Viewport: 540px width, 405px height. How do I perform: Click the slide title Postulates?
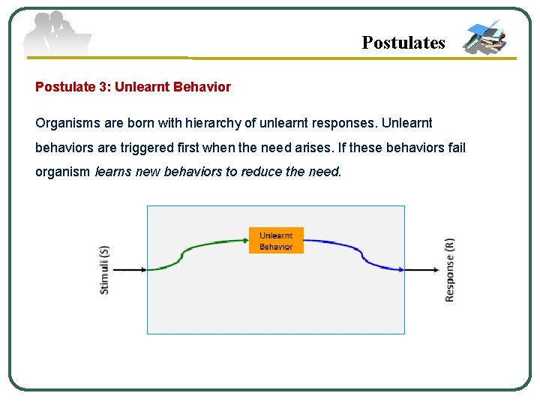403,43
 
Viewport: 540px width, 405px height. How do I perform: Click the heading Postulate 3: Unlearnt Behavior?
133,87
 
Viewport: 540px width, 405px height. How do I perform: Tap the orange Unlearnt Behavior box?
276,241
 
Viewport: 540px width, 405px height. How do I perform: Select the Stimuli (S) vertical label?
104,270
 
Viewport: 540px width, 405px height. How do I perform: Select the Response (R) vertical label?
449,270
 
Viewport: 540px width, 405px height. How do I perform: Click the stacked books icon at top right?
484,37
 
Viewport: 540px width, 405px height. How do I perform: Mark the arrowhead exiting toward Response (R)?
436,270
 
